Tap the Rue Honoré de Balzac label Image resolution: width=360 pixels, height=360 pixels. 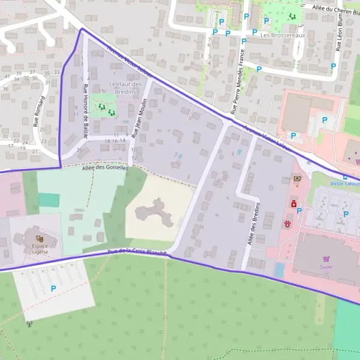click(x=86, y=111)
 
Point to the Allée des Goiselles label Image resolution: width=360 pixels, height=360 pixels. click(x=105, y=169)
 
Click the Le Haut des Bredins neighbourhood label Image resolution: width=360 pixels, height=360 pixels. click(x=125, y=88)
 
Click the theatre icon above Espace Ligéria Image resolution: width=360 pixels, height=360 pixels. click(x=40, y=239)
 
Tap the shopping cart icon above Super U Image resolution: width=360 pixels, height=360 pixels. click(x=326, y=259)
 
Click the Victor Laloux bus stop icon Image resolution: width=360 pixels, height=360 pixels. click(x=344, y=176)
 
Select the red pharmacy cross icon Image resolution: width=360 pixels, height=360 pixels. click(x=294, y=204)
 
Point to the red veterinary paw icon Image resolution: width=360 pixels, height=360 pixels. click(x=287, y=224)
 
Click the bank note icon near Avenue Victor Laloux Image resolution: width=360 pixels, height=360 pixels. click(x=296, y=179)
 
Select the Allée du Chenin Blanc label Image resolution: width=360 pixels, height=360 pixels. click(x=336, y=8)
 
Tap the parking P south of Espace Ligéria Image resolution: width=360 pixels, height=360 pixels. click(x=53, y=289)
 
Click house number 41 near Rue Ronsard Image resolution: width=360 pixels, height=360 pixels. click(x=7, y=77)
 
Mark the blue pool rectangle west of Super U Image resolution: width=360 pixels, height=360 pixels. click(x=280, y=270)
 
